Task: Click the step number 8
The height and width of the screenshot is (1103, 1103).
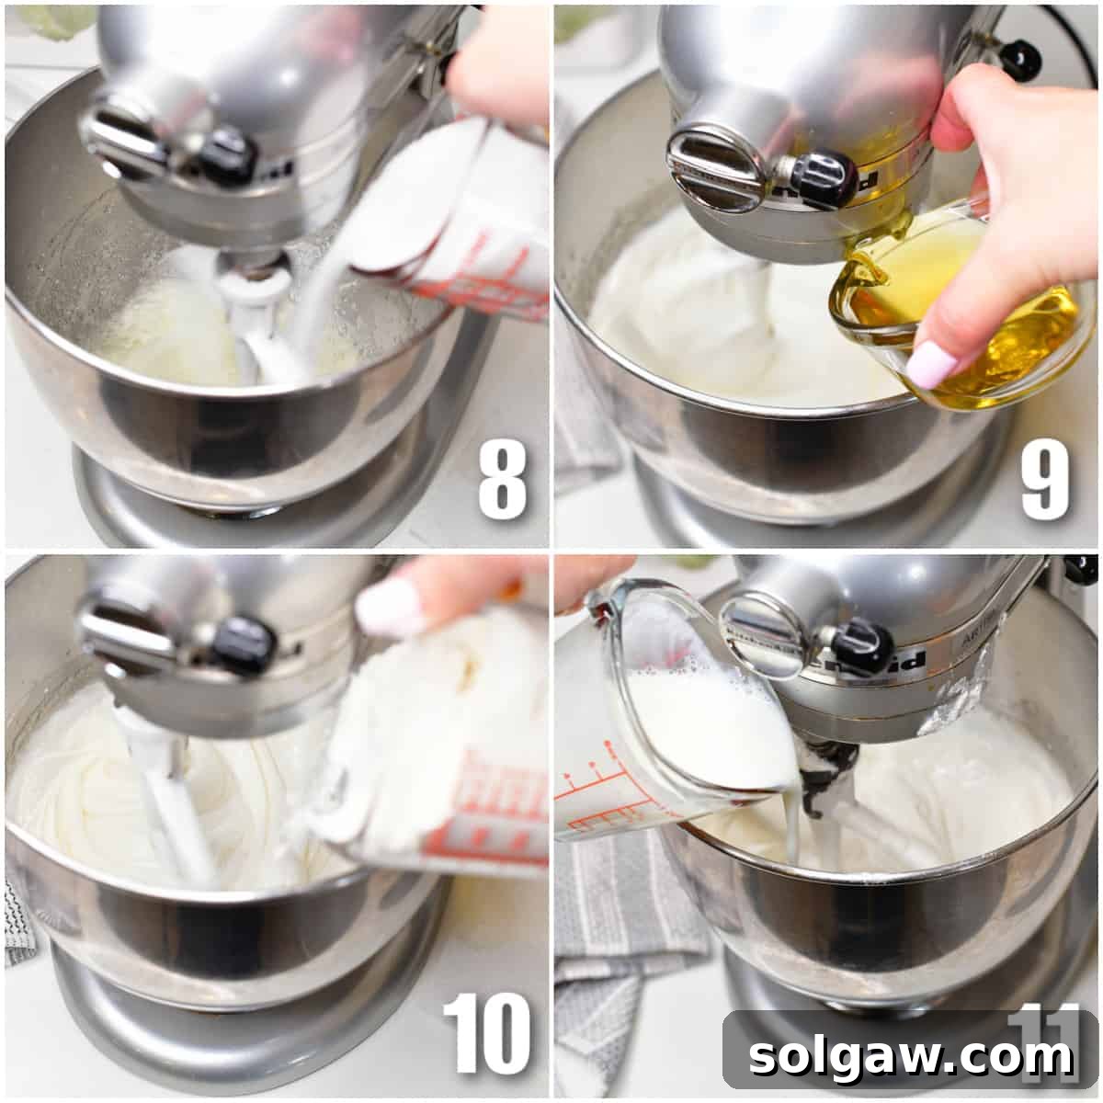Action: (502, 480)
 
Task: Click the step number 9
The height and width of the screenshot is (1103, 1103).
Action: (1045, 480)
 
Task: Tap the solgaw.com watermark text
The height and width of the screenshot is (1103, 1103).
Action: (911, 1055)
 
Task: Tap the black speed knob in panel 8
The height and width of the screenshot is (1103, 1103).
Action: (225, 154)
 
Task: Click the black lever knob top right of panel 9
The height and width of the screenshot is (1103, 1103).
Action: (1019, 58)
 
